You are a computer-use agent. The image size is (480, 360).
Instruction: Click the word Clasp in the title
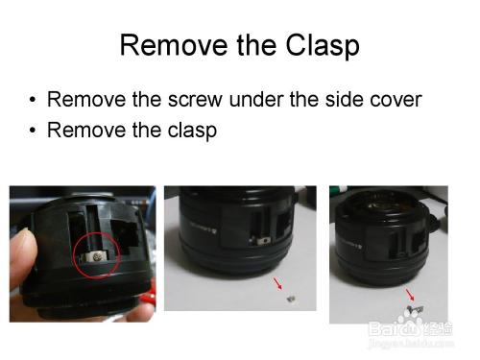(323, 46)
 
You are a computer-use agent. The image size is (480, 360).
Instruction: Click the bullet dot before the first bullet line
(33, 100)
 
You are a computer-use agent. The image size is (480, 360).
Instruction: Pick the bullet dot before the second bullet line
(33, 130)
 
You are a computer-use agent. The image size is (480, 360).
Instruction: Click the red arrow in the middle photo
(277, 283)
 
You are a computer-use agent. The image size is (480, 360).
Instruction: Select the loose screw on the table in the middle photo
(291, 300)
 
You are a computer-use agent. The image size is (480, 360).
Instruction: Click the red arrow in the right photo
(411, 295)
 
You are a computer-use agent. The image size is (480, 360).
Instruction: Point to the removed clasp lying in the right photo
(415, 309)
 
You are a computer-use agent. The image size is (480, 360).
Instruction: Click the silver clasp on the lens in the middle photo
(260, 240)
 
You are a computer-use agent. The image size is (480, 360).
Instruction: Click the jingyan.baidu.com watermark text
(411, 344)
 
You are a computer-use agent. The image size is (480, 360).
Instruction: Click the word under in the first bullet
(256, 99)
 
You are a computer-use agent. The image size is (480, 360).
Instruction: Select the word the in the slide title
(256, 45)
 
